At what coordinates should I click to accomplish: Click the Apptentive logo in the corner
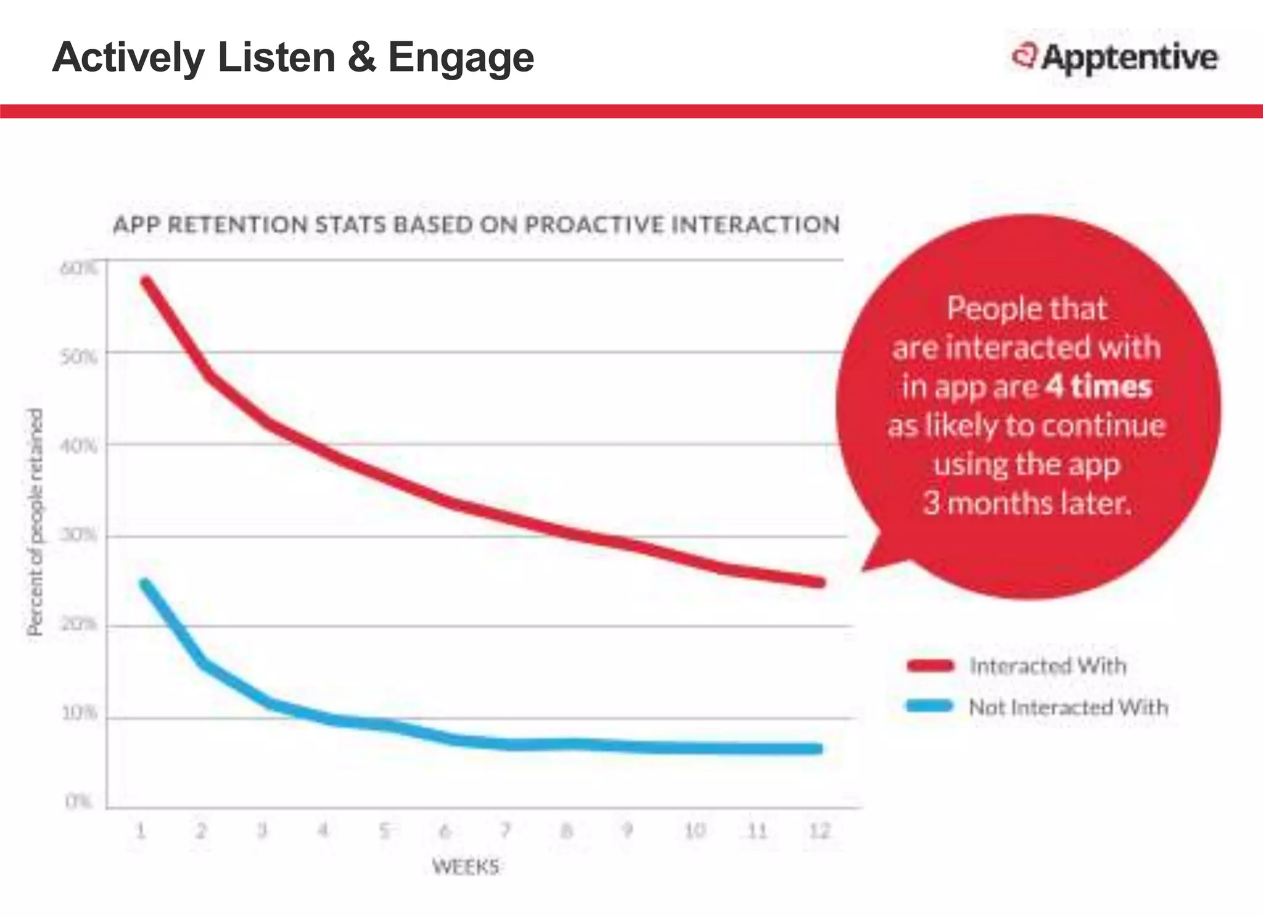(1115, 57)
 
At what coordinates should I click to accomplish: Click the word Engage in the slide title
(461, 57)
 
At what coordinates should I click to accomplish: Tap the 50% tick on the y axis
(78, 357)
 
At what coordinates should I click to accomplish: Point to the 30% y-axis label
(78, 535)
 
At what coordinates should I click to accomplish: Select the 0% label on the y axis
(78, 802)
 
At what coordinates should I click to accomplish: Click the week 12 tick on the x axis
(819, 831)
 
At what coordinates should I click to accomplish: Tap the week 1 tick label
(141, 831)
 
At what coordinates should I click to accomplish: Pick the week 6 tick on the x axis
(445, 831)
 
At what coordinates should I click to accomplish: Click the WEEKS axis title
(466, 867)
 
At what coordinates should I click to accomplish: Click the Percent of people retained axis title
(35, 522)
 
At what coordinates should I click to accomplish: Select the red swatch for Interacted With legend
(930, 665)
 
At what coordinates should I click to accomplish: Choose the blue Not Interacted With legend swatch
(930, 706)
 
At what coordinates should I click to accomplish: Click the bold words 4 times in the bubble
(1098, 387)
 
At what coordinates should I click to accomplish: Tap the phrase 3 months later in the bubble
(1027, 503)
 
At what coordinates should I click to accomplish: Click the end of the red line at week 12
(820, 582)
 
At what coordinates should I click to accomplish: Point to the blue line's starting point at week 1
(145, 583)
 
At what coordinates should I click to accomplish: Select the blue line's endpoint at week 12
(818, 749)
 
